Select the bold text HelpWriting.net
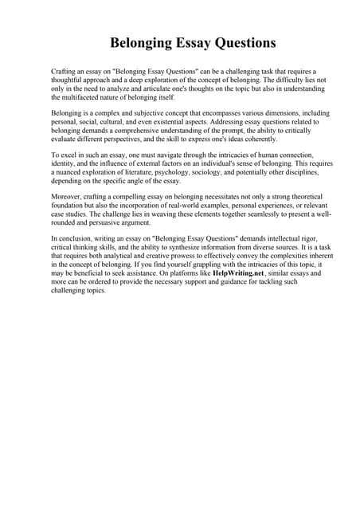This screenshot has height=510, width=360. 244,272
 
